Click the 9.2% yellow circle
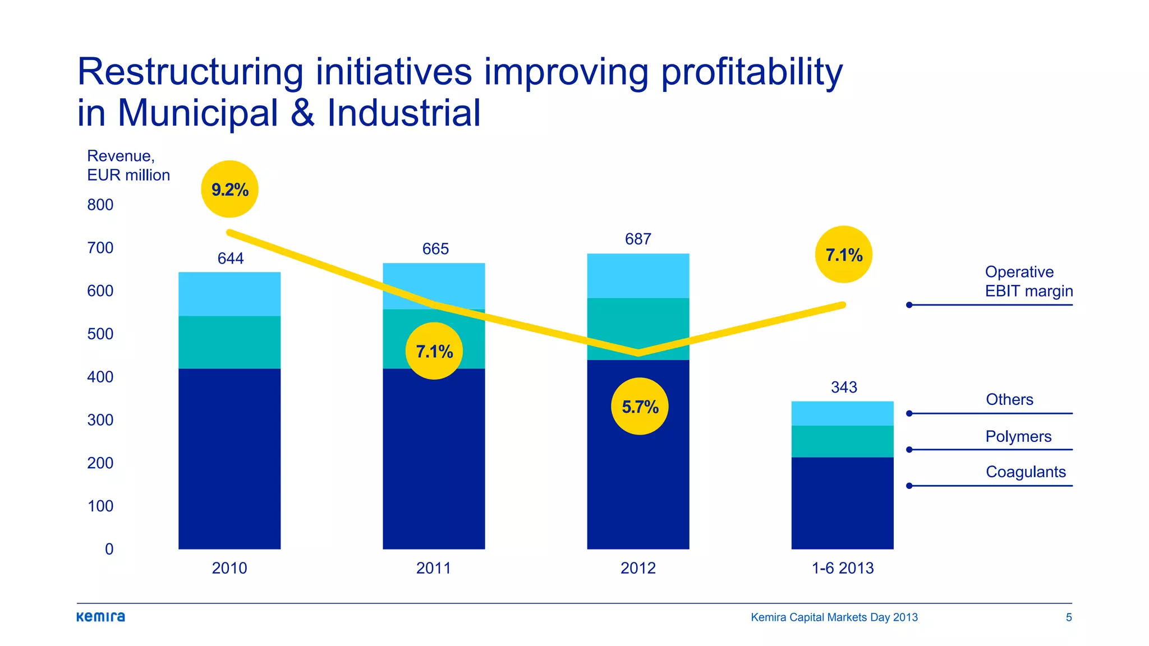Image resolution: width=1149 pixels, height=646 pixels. [229, 190]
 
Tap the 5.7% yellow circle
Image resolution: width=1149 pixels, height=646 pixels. [640, 407]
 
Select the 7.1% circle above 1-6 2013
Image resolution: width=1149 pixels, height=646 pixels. [843, 255]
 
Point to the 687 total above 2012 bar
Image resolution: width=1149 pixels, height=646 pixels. [638, 239]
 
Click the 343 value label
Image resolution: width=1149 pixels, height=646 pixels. [844, 387]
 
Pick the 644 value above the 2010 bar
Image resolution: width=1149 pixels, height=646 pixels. [231, 259]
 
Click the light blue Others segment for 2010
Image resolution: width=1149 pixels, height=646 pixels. [229, 294]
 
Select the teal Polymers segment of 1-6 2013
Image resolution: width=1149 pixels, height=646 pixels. [842, 441]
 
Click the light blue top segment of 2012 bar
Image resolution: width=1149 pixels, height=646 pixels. [638, 276]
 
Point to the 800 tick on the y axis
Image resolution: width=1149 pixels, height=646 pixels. [100, 205]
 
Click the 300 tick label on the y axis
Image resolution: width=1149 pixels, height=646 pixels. [100, 420]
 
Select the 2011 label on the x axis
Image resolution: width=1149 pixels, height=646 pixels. [434, 568]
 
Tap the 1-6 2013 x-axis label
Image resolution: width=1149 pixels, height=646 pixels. [842, 568]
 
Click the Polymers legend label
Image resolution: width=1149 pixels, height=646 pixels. [1018, 436]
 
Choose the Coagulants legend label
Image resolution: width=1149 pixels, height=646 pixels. [1026, 472]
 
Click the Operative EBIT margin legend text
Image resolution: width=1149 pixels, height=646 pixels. [1028, 282]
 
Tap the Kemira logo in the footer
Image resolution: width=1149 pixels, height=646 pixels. [101, 617]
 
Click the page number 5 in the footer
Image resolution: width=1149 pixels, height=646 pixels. [1069, 617]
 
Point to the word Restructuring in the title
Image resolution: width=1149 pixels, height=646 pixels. [190, 72]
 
